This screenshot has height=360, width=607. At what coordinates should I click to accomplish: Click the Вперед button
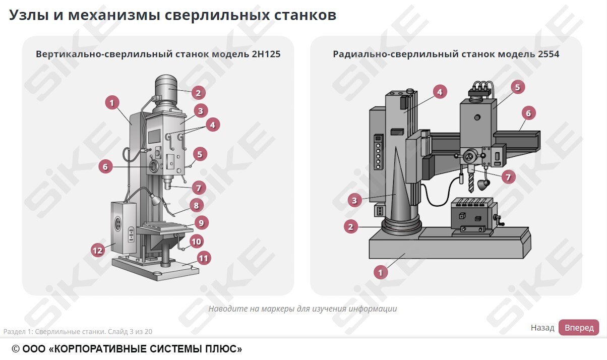[578, 328]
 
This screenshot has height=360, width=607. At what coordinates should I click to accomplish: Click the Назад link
[542, 328]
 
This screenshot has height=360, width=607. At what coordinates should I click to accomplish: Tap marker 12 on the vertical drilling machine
[97, 250]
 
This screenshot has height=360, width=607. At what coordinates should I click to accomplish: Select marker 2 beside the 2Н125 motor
[198, 93]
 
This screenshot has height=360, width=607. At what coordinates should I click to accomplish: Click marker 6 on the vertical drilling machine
[105, 166]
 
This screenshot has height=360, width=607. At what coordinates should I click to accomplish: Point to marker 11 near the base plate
[203, 258]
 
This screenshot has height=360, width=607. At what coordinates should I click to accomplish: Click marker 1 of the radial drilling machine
[381, 272]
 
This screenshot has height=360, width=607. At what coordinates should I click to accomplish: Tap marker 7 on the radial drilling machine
[508, 177]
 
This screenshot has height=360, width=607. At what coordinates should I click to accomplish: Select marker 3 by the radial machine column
[354, 201]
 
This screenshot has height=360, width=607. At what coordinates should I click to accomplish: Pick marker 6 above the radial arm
[528, 113]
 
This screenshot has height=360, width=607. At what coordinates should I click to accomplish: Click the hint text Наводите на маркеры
[302, 309]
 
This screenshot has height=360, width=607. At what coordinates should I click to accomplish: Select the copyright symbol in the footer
[16, 349]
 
